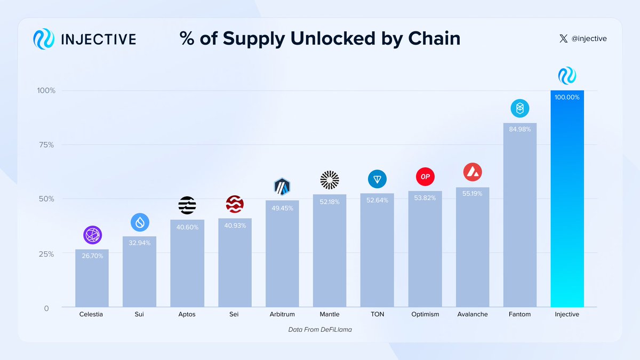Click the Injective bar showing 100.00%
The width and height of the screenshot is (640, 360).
(x=567, y=203)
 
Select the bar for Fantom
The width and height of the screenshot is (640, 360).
(x=519, y=219)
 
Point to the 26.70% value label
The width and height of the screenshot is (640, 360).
(x=92, y=256)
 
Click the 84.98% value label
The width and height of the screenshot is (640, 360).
(x=519, y=129)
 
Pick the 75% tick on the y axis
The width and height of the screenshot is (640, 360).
(x=46, y=145)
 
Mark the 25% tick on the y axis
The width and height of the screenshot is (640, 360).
(x=46, y=254)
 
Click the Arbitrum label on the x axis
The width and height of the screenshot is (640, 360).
(x=282, y=314)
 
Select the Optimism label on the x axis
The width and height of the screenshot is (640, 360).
(x=425, y=314)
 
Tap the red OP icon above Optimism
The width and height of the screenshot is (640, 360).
(x=425, y=177)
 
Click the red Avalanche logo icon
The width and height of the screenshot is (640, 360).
(x=473, y=172)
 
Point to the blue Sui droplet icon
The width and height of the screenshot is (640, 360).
(x=140, y=222)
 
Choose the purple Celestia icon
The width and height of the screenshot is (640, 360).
(x=92, y=235)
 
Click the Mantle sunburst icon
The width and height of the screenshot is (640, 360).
(x=330, y=180)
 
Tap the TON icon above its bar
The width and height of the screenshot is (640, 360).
(x=377, y=179)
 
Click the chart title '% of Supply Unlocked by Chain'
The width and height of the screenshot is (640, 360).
(x=320, y=38)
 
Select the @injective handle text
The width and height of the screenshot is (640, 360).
(x=589, y=38)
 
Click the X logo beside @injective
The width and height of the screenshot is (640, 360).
(x=564, y=38)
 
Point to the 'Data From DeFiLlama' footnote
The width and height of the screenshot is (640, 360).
(x=320, y=330)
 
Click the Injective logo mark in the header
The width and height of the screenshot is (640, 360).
(x=44, y=39)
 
